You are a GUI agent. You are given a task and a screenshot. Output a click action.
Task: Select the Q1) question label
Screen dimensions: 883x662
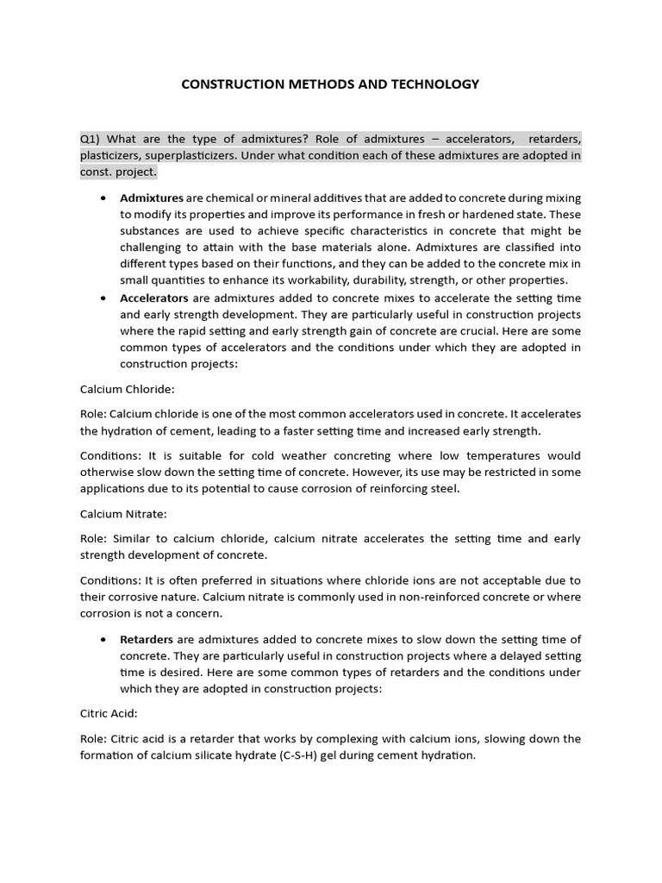[x=91, y=139]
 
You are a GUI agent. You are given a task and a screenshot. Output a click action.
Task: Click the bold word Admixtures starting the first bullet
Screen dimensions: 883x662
[x=152, y=197]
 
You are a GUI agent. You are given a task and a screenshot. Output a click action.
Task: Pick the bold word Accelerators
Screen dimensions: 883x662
[x=154, y=297]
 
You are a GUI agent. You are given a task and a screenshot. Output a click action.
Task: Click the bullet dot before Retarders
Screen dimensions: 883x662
[x=103, y=640]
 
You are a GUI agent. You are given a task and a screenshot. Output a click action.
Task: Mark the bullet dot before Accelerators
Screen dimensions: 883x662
[x=103, y=298]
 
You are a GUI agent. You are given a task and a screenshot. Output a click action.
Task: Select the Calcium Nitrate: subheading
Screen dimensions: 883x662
[x=123, y=514]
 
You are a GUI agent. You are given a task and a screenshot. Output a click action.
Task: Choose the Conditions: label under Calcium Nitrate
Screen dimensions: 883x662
[x=111, y=580]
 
